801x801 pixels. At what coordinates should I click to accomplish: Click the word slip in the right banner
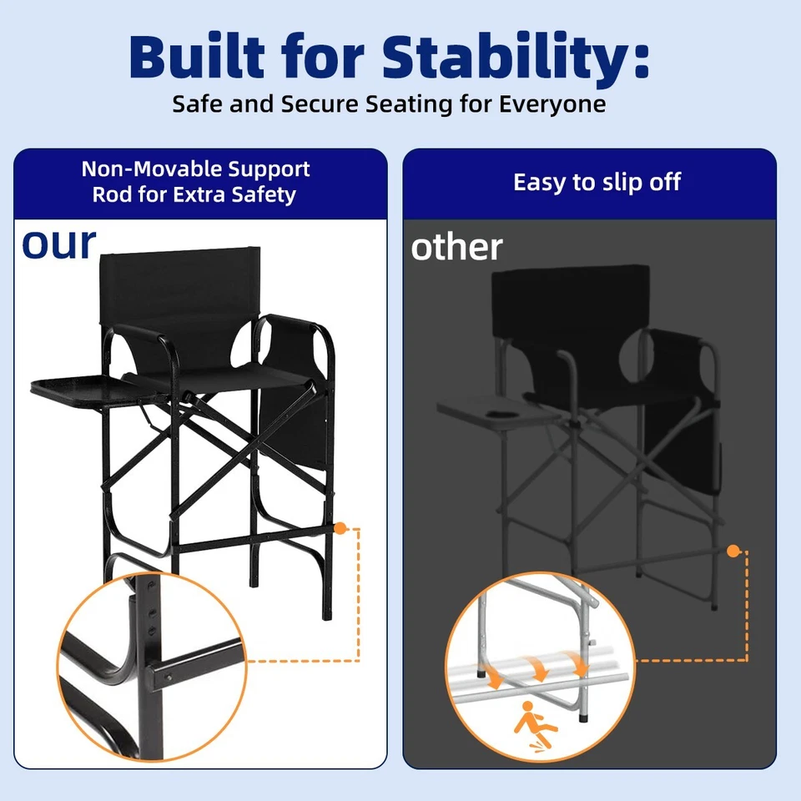pyautogui.click(x=602, y=182)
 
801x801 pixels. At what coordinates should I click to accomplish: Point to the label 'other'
pyautogui.click(x=456, y=247)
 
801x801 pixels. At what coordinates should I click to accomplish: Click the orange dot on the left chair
pyautogui.click(x=340, y=529)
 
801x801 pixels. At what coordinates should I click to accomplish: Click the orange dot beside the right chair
pyautogui.click(x=733, y=551)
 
